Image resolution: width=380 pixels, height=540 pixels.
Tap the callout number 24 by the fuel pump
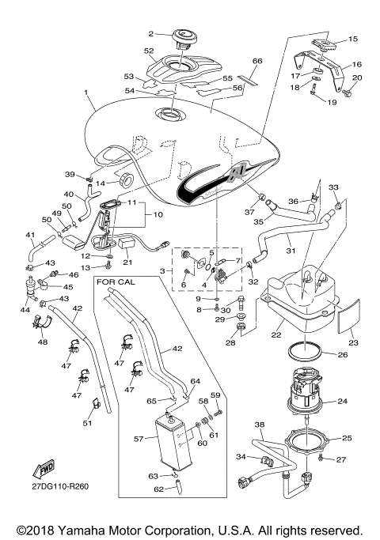click(343, 402)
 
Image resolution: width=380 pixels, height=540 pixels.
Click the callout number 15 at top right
click(353, 38)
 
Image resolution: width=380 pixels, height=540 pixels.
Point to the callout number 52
click(149, 50)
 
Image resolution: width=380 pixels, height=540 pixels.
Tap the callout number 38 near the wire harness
click(258, 425)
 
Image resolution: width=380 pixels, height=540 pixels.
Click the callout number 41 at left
click(29, 235)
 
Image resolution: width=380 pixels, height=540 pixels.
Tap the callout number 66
click(256, 60)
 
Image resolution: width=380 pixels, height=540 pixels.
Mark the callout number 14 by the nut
click(101, 183)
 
